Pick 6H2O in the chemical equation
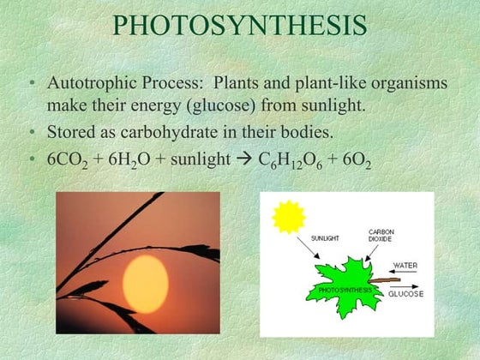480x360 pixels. coord(138,160)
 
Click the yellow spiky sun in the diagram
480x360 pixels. coord(289,217)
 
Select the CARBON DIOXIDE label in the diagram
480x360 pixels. coord(381,235)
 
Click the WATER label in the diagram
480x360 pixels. coord(405,265)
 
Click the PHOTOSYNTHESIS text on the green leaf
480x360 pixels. coord(345,291)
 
